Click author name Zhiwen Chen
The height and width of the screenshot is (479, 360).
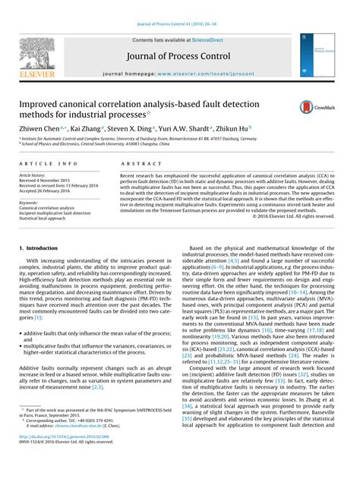click(38, 130)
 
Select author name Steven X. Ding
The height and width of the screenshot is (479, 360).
click(125, 130)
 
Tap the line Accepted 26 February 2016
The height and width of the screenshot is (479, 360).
click(49, 191)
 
